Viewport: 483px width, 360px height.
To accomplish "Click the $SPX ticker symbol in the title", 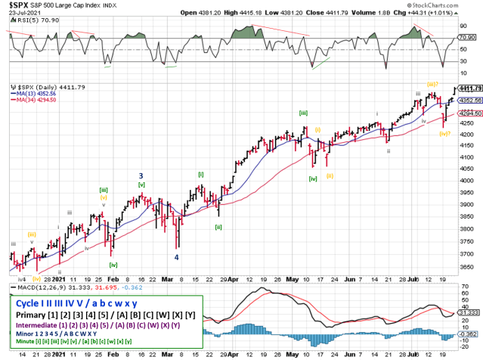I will pos(16,5).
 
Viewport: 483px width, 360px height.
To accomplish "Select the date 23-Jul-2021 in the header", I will pos(19,13).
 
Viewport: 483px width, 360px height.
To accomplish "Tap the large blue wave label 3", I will pos(141,175).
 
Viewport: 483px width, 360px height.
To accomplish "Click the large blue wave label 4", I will pos(177,256).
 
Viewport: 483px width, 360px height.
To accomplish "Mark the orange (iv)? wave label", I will pos(445,133).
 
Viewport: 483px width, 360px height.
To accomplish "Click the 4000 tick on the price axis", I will pos(467,181).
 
